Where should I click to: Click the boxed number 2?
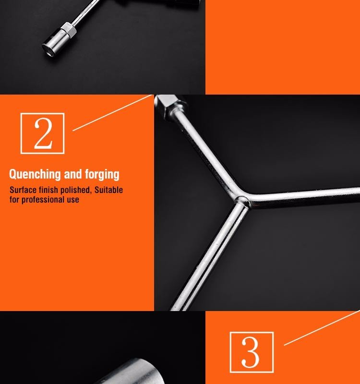[x=42, y=133]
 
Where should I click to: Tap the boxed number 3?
[x=252, y=352]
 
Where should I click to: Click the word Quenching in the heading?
[x=35, y=174]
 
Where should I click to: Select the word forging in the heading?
[x=102, y=175]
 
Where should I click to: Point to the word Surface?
[x=23, y=190]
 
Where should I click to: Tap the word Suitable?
[x=108, y=190]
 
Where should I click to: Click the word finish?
[x=48, y=190]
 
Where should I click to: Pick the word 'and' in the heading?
[x=73, y=174]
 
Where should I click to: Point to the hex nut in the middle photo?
[x=171, y=106]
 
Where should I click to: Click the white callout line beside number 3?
[x=322, y=328]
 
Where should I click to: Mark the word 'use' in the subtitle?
[x=73, y=200]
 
